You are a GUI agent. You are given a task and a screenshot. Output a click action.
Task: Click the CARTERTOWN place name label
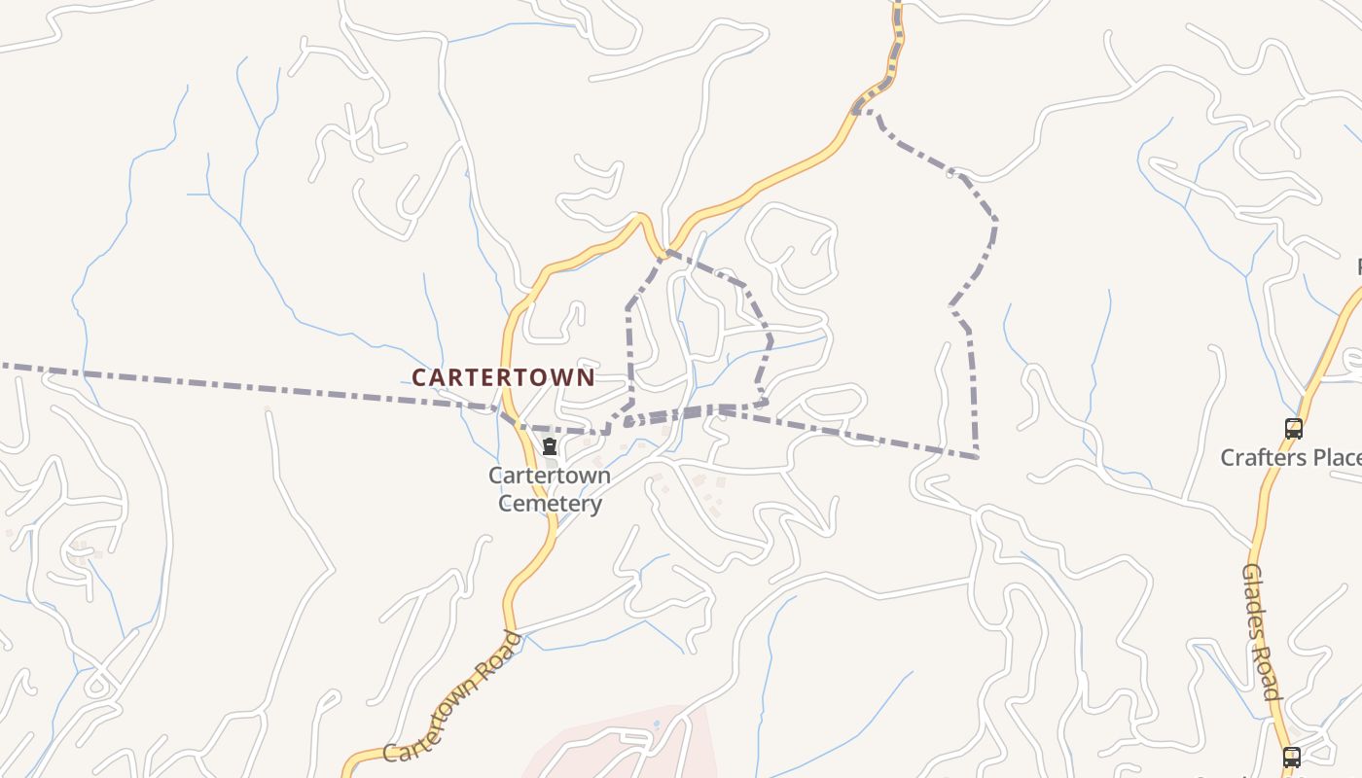tap(503, 377)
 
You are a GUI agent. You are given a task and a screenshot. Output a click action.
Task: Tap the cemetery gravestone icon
tap(550, 446)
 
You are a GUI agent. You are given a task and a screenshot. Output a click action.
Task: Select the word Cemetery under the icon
tap(550, 504)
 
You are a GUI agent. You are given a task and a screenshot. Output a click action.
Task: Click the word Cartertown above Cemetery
tap(550, 476)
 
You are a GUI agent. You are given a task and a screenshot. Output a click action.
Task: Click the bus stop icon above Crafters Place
tap(1293, 428)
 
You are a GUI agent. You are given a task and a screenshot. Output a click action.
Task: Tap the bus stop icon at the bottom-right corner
tap(1291, 757)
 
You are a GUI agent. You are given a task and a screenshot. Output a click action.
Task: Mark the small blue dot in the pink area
tap(656, 725)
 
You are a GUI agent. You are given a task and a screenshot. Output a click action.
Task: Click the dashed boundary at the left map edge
tap(4, 366)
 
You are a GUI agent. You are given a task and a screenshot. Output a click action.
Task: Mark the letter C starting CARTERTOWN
tap(419, 377)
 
